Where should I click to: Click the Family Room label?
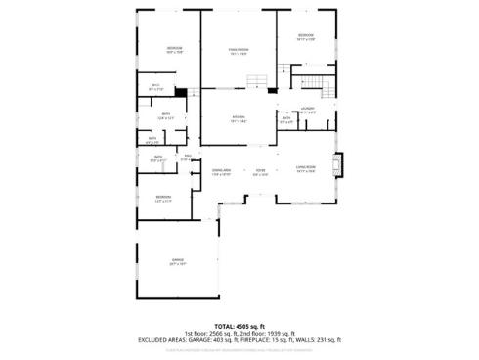(x=239, y=52)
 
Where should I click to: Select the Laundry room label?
(x=307, y=108)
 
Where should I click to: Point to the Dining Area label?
(x=221, y=171)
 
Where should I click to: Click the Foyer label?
(x=260, y=171)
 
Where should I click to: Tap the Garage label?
(x=177, y=259)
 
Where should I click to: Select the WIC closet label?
(x=154, y=86)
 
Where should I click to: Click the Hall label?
(x=186, y=157)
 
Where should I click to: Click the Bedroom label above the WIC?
(x=174, y=48)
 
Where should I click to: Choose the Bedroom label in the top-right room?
(x=304, y=36)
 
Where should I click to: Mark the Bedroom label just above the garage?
(x=162, y=198)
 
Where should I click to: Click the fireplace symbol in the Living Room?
(x=338, y=162)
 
